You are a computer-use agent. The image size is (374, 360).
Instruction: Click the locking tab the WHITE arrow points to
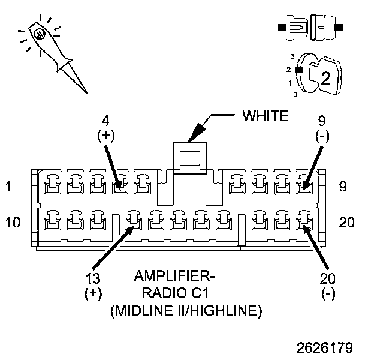[188, 158]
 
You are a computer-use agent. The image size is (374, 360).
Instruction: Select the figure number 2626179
[323, 347]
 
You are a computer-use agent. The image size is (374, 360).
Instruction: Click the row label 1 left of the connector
[8, 187]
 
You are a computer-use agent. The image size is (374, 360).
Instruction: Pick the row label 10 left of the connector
[13, 223]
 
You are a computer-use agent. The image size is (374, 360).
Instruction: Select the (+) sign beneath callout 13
[93, 295]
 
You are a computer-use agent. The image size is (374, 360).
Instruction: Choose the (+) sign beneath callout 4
[105, 136]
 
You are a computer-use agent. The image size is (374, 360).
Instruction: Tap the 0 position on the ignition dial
[295, 95]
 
